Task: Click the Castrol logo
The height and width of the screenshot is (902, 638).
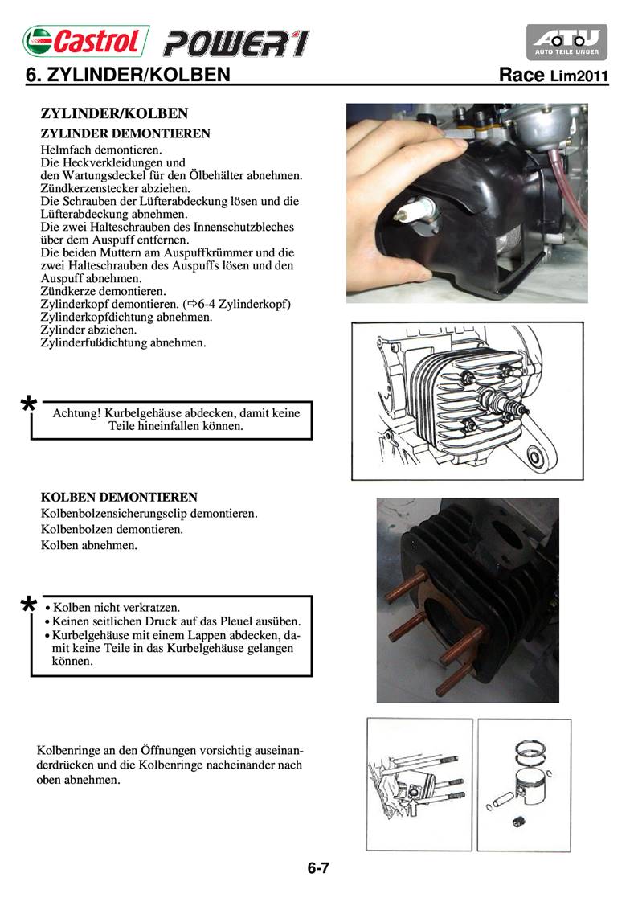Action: [x=86, y=39]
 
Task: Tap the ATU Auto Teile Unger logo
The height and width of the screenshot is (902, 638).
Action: [x=566, y=42]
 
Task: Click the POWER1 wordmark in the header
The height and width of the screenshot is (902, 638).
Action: [x=236, y=43]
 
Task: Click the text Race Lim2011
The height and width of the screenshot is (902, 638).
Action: [x=553, y=76]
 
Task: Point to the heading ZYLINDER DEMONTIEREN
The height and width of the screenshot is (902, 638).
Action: [x=125, y=133]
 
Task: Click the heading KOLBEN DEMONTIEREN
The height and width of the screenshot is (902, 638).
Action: [x=119, y=498]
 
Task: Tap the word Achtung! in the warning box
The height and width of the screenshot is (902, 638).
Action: [x=76, y=413]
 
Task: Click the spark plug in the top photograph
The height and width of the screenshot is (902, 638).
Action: [x=419, y=211]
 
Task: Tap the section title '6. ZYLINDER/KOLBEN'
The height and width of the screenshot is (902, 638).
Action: [x=129, y=76]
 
